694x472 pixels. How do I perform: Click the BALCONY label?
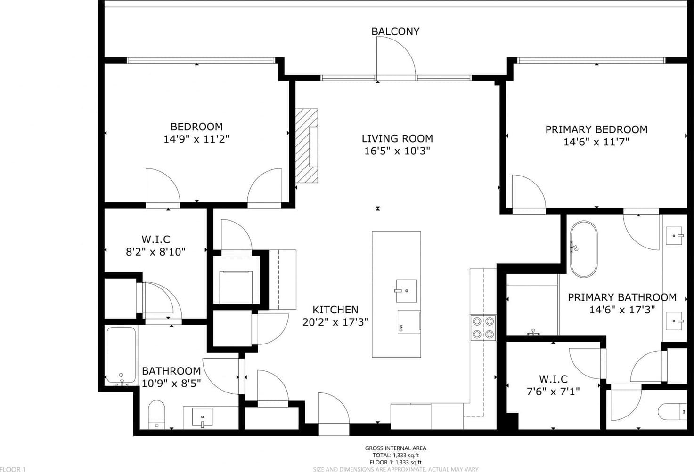tap(395, 31)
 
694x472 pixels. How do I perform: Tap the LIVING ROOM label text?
tap(397, 138)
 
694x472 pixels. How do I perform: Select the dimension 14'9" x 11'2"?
tap(196, 139)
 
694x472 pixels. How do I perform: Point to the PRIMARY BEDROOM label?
tap(596, 129)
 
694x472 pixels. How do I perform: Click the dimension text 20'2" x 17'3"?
tap(335, 322)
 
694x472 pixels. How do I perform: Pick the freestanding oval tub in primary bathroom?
tap(584, 249)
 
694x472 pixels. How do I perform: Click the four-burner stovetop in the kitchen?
tap(483, 328)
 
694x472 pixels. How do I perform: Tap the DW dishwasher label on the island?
tap(401, 328)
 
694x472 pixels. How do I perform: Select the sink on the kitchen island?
tap(407, 291)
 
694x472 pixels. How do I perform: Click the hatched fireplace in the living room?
tap(306, 146)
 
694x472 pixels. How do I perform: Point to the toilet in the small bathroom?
tap(156, 415)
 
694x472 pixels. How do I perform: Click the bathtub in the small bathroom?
tap(121, 356)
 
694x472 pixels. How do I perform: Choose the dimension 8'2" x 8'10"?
tap(155, 252)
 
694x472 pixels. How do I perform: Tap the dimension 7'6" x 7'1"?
tap(553, 392)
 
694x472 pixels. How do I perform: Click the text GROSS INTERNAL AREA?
tap(396, 448)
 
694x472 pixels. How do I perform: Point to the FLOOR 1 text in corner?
tap(13, 469)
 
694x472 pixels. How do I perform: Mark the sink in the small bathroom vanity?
tap(202, 417)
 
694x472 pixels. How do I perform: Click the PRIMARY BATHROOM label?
tap(622, 297)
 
